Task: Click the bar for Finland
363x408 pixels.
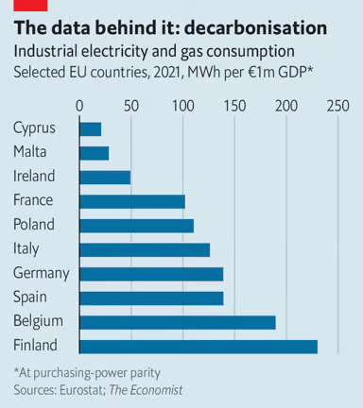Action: point(199,346)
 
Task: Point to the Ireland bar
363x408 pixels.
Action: point(105,177)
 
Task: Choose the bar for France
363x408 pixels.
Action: point(132,201)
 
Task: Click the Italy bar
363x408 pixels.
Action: point(145,249)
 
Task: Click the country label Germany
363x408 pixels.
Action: point(42,273)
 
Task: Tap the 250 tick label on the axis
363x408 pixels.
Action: point(337,106)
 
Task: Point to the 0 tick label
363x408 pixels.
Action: point(80,106)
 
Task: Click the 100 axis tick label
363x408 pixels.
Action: point(182,106)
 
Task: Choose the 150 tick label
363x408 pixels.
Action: point(233,106)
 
